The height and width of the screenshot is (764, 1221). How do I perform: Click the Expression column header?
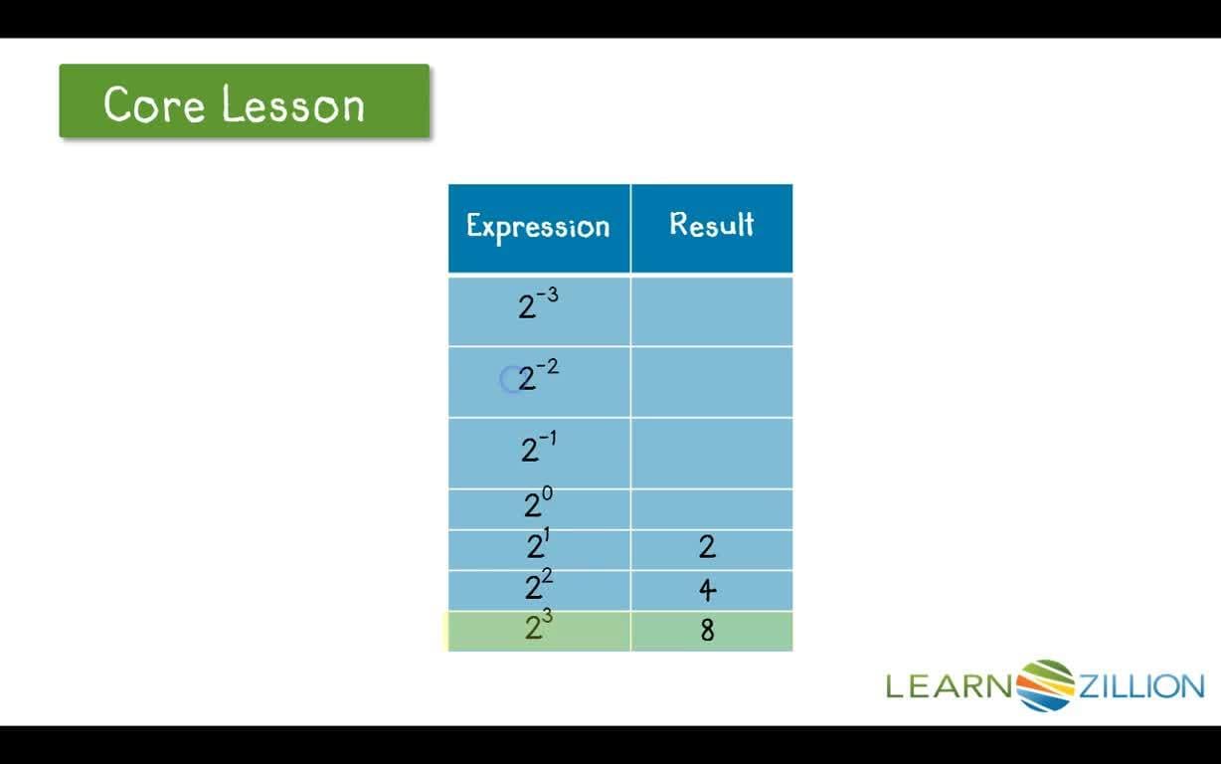click(x=538, y=227)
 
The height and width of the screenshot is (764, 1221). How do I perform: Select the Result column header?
click(x=711, y=225)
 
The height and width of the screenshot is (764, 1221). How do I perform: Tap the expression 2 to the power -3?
click(x=538, y=303)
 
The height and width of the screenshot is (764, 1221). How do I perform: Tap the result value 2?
click(x=707, y=547)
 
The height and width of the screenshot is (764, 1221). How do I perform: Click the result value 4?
click(x=707, y=590)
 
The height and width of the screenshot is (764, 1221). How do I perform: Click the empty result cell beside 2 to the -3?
click(x=712, y=310)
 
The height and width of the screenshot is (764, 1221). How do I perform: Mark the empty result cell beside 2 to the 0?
click(x=712, y=508)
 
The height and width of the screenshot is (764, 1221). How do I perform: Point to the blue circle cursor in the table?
click(x=511, y=380)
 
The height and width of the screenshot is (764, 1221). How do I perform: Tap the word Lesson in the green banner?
click(x=293, y=104)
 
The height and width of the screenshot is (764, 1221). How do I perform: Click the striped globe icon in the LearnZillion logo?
click(x=1045, y=685)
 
